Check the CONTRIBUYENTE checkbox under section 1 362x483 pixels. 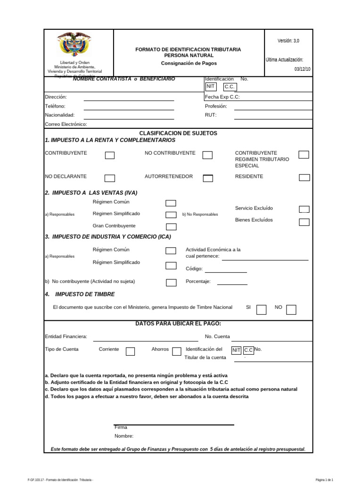pyautogui.click(x=109, y=156)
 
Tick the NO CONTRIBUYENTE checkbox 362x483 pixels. pyautogui.click(x=207, y=156)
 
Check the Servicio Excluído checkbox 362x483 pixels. pyautogui.click(x=304, y=209)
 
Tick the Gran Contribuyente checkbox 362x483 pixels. pyautogui.click(x=171, y=227)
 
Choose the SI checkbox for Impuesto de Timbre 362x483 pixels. pyautogui.click(x=261, y=309)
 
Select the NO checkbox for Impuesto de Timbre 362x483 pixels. pyautogui.click(x=291, y=309)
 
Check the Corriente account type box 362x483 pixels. pyautogui.click(x=131, y=351)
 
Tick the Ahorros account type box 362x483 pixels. pyautogui.click(x=177, y=351)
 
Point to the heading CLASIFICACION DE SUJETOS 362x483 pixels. pyautogui.click(x=178, y=133)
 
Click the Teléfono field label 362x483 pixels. pyautogui.click(x=55, y=106)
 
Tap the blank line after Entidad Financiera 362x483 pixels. pyautogui.click(x=146, y=340)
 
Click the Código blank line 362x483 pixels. pyautogui.click(x=226, y=271)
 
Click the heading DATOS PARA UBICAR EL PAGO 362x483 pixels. pyautogui.click(x=178, y=323)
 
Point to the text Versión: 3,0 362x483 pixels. pyautogui.click(x=288, y=41)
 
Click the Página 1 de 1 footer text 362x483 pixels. pyautogui.click(x=324, y=480)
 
